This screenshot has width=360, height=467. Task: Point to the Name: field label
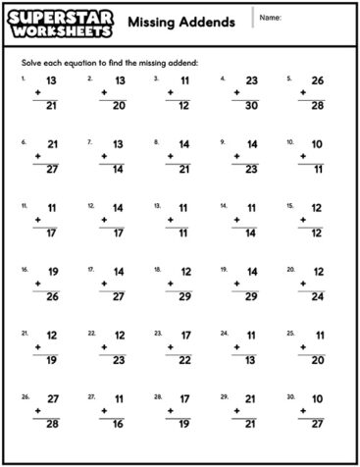272,19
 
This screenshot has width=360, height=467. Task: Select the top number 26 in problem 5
318,79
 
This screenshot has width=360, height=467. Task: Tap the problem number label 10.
290,141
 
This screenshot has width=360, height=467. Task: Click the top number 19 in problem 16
52,271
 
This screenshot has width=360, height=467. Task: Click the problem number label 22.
91,333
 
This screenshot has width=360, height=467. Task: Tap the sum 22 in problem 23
185,360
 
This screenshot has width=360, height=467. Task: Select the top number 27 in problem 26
52,398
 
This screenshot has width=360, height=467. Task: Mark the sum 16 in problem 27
119,424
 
